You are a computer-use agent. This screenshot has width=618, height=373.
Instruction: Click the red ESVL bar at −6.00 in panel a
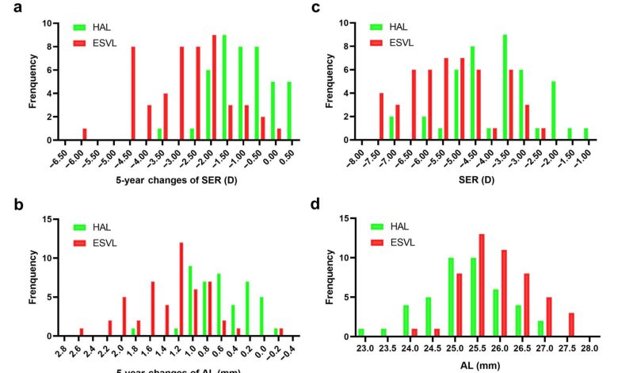85,134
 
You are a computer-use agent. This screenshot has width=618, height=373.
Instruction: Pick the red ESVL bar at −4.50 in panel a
133,93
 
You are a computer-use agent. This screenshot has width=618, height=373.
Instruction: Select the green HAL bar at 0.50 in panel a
288,110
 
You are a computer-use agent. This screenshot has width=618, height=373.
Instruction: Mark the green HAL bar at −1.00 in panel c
586,134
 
